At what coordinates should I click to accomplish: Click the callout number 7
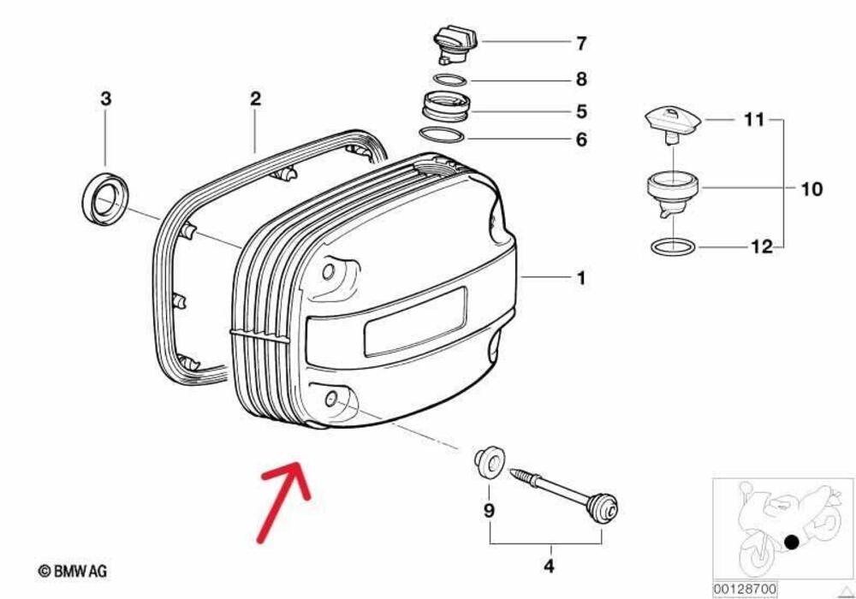point(581,42)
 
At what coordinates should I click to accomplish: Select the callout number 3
point(105,99)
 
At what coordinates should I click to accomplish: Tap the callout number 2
point(255,99)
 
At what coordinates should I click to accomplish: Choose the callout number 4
point(549,566)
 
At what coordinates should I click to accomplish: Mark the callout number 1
point(580,278)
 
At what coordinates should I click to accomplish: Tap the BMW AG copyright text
point(73,570)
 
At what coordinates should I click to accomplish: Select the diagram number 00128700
point(745,590)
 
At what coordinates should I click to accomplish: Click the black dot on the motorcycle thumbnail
point(794,541)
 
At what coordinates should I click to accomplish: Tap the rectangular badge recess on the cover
point(414,320)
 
